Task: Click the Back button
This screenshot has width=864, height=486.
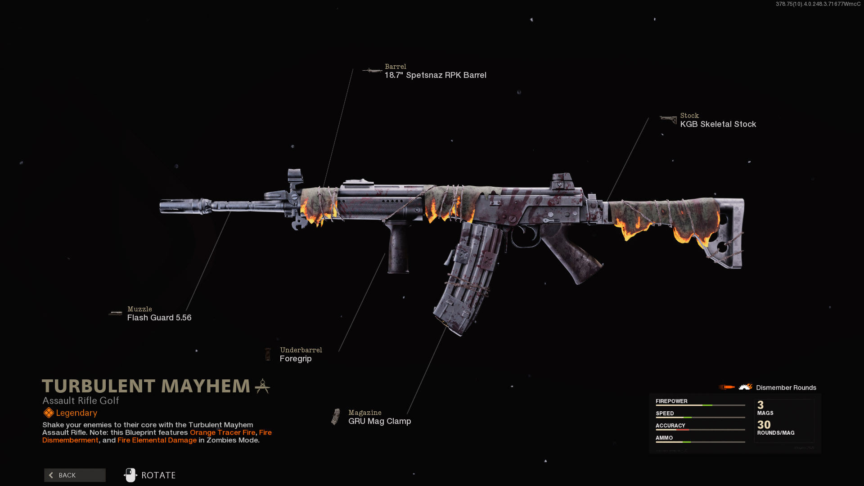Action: (75, 475)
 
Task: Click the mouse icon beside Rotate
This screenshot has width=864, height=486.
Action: (130, 475)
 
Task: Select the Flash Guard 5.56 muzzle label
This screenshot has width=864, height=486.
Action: (159, 318)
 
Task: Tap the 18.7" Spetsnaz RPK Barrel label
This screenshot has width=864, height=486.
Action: (435, 75)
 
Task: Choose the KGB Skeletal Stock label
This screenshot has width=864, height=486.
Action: (718, 124)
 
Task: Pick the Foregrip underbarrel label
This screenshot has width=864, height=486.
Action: (296, 359)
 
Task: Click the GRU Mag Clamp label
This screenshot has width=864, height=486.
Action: (379, 421)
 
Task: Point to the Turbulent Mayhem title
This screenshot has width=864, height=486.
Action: (146, 386)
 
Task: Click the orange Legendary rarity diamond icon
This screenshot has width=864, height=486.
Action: (49, 413)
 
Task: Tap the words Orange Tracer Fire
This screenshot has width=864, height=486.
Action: (222, 432)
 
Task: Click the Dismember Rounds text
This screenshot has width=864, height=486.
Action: (786, 387)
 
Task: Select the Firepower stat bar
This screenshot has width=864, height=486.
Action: (700, 405)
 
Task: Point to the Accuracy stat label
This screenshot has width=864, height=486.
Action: (670, 425)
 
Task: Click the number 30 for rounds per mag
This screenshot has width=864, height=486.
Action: (764, 425)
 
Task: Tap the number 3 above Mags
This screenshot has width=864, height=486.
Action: (760, 405)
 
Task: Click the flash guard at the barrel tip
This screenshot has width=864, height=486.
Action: (184, 207)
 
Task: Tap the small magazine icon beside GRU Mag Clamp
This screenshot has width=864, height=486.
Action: (336, 417)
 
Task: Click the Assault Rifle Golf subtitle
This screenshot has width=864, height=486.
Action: (81, 400)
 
